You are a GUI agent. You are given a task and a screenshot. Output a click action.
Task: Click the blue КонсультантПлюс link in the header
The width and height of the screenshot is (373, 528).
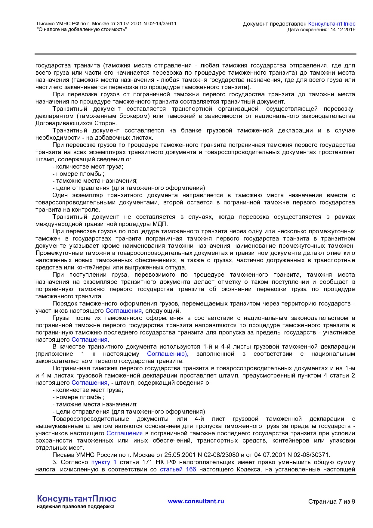[x=331, y=24]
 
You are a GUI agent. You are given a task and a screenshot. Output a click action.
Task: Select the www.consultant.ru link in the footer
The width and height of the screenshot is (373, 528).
[x=196, y=501]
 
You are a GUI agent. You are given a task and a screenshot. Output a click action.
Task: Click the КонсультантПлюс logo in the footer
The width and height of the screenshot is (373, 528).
[x=77, y=498]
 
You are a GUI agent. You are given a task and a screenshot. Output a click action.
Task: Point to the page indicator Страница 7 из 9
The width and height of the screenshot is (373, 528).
[x=331, y=502]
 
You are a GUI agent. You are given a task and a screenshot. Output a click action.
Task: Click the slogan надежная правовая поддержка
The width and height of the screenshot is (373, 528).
[x=76, y=507]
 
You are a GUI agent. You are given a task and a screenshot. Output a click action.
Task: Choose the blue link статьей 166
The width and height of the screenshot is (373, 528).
[x=178, y=469]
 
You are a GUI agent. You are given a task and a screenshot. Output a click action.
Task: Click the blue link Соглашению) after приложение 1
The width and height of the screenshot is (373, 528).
[x=168, y=354]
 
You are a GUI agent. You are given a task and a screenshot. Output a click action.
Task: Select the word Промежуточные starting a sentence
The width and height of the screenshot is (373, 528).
[x=57, y=253]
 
